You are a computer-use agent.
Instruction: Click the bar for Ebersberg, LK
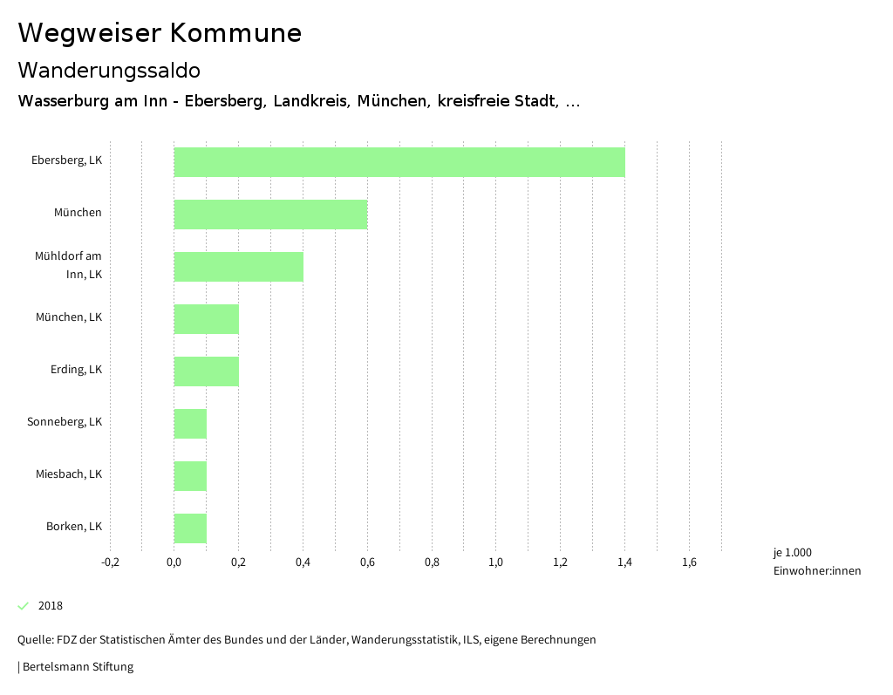[x=399, y=162]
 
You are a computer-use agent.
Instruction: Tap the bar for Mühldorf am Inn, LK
[x=238, y=267]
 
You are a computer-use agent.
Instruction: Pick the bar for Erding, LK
[x=206, y=371]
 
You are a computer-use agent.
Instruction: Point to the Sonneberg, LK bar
[x=190, y=424]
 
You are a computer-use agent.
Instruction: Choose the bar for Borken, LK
[x=190, y=528]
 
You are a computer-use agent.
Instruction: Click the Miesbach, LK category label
[x=69, y=474]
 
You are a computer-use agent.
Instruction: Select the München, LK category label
[x=69, y=317]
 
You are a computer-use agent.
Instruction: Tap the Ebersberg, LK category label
[x=66, y=160]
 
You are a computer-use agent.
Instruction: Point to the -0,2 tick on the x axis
[x=110, y=562]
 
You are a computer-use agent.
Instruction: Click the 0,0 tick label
[x=174, y=562]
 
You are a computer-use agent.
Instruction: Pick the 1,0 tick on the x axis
[x=495, y=562]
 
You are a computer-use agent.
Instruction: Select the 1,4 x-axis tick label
[x=624, y=562]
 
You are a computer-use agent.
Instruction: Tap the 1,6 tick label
[x=689, y=562]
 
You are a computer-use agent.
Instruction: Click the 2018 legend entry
[x=51, y=606]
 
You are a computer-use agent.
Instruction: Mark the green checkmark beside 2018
[x=24, y=606]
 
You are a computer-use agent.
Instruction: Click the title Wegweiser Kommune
[x=160, y=33]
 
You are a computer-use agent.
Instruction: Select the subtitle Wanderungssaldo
[x=109, y=70]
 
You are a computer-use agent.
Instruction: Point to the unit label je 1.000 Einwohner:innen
[x=816, y=562]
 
